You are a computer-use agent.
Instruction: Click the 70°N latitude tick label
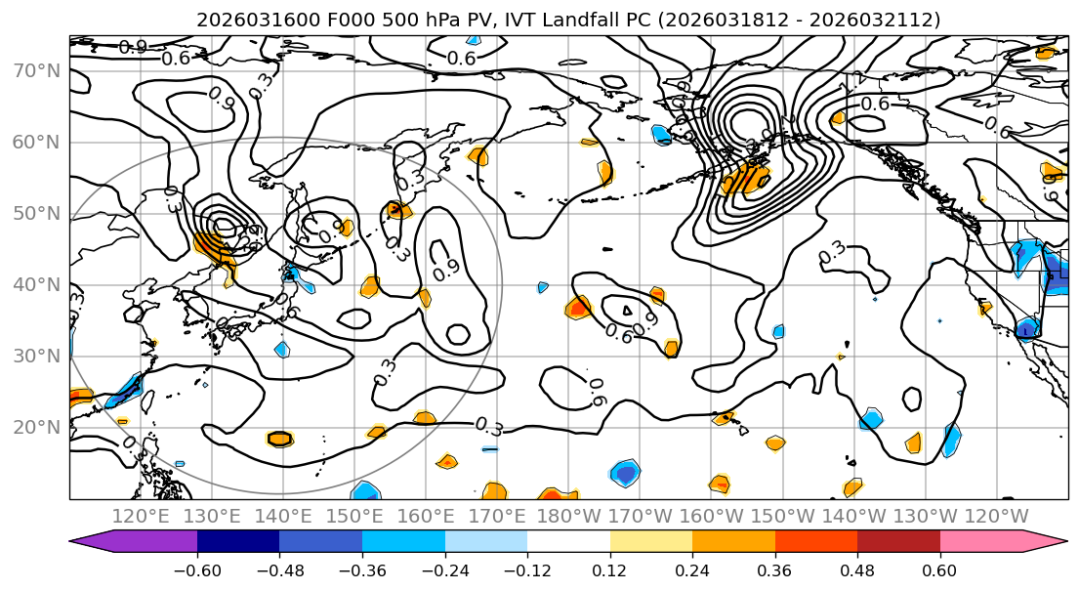pos(36,70)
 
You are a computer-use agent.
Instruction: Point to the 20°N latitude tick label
pos(36,427)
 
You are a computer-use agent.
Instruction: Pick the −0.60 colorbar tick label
pos(197,569)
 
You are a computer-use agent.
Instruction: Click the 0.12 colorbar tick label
pos(609,569)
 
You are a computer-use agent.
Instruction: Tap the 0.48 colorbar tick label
pos(857,569)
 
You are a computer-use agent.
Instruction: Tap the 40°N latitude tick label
pos(36,284)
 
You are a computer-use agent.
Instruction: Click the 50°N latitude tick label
pos(36,213)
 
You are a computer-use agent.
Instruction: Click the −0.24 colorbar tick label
pos(444,569)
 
